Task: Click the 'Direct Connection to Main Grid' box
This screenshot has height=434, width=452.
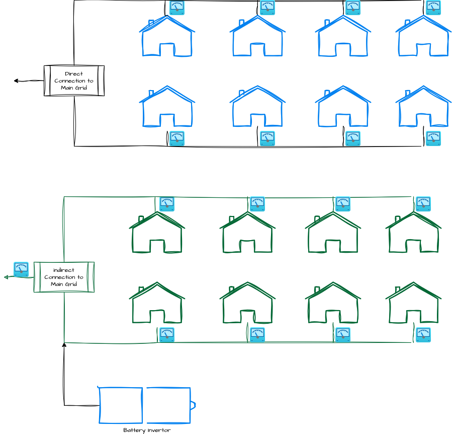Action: coord(74,81)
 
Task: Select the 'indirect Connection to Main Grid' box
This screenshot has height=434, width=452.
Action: coord(64,277)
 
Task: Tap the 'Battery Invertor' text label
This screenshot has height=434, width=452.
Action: coord(147,430)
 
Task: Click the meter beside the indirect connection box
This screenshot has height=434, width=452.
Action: coord(21,269)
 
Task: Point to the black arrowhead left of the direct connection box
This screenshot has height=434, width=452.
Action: coord(16,81)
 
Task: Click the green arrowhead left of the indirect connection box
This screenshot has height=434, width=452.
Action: coord(6,277)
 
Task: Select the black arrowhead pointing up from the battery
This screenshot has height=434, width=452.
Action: coord(64,345)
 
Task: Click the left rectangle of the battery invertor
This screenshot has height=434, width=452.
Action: coord(121,405)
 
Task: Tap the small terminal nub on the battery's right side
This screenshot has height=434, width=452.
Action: coord(193,405)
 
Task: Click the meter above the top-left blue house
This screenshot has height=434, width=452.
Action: coord(177,8)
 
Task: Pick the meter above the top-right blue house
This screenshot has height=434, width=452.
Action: coord(433,8)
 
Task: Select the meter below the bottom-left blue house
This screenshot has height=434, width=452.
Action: coord(177,138)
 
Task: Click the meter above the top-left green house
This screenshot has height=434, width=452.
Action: coord(167,204)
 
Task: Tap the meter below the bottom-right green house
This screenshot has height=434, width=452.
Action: coord(423,335)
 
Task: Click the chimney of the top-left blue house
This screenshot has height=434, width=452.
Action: coord(151,23)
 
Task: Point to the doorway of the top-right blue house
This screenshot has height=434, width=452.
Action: coord(423,50)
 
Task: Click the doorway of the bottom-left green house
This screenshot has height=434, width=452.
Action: coord(157,317)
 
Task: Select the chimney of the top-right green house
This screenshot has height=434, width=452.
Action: coord(398,219)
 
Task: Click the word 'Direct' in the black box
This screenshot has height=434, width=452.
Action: coord(74,74)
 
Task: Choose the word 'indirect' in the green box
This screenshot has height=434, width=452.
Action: coord(64,270)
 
